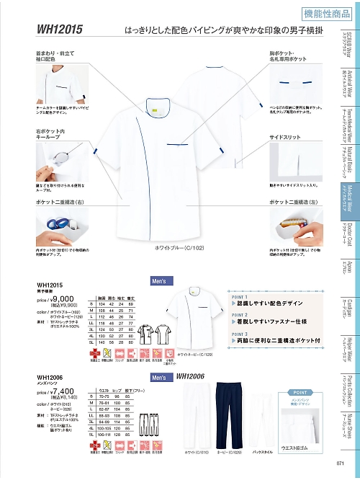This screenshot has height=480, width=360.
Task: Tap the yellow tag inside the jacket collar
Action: [152, 109]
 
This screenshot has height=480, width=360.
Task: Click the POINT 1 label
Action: [240, 295]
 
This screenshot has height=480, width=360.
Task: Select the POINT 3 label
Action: [240, 333]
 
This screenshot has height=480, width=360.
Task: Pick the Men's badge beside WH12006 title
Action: [160, 377]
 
